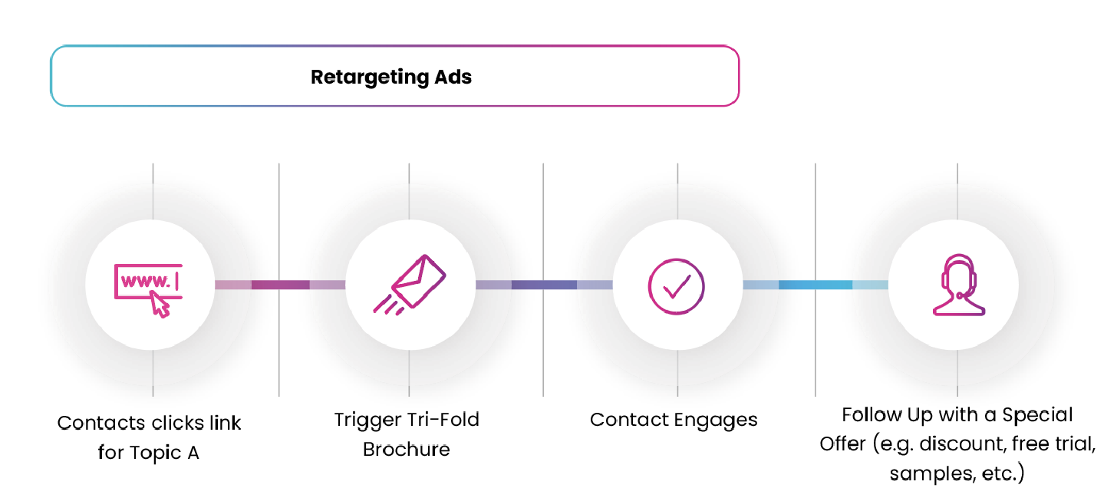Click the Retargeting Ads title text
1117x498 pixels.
coord(391,77)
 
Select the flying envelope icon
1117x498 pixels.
coord(409,285)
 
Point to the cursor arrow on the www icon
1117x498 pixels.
coord(160,305)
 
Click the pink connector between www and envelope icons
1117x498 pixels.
coord(280,285)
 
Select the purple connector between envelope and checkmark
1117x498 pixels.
coord(544,285)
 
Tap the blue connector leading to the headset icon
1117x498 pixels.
coord(815,285)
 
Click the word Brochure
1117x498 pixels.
coord(407,449)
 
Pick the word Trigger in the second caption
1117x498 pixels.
coord(363,420)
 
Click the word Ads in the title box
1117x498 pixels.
coord(453,77)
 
